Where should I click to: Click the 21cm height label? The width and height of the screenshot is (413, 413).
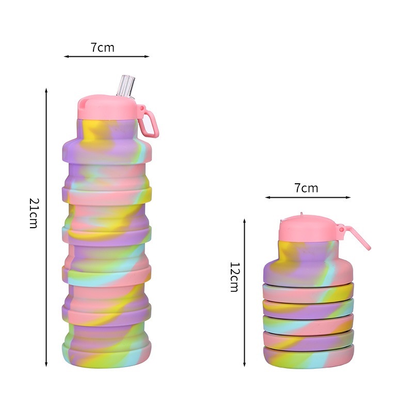tap(34, 213)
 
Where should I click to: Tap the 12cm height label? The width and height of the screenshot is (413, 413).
tap(234, 277)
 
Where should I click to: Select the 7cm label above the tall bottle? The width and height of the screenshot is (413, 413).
tap(102, 47)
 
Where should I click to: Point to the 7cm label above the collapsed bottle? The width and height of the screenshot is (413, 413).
tap(306, 188)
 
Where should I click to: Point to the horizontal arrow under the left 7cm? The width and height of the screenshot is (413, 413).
tap(106, 56)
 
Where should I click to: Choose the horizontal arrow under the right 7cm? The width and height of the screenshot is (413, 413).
tap(308, 197)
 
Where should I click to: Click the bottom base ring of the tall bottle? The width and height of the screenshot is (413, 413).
tap(107, 354)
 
